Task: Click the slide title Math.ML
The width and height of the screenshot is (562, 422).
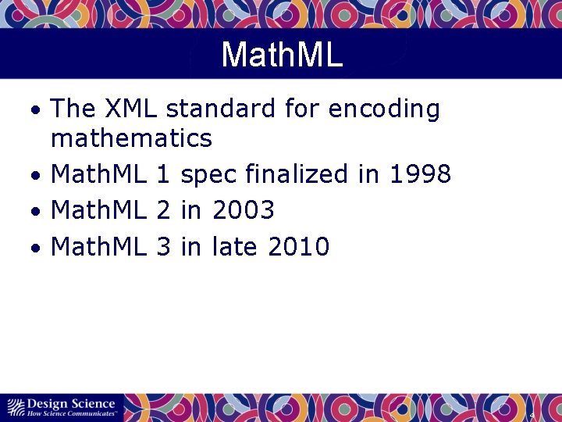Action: [x=282, y=55]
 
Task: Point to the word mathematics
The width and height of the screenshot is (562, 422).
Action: [x=131, y=138]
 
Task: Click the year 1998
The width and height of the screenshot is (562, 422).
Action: [x=419, y=174]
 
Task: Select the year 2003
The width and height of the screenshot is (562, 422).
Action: [x=243, y=210]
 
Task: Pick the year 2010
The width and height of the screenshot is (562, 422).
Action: [x=298, y=247]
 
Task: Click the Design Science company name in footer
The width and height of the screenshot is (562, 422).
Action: [x=71, y=403]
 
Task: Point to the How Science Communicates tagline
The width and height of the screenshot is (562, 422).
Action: [x=73, y=413]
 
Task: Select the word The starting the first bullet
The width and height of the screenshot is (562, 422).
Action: [x=73, y=109]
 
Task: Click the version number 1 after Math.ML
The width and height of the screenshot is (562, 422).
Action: [x=163, y=174]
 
